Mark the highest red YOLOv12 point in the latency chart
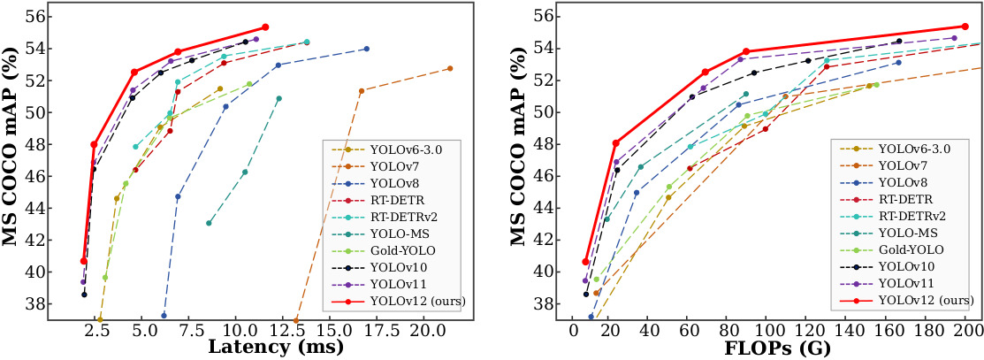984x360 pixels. pyautogui.click(x=265, y=27)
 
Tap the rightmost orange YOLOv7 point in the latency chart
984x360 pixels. pyautogui.click(x=450, y=68)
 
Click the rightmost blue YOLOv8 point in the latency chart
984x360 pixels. pyautogui.click(x=366, y=49)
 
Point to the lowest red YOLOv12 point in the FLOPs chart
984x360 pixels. pyautogui.click(x=585, y=261)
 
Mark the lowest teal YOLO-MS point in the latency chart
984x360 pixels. pyautogui.click(x=209, y=223)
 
